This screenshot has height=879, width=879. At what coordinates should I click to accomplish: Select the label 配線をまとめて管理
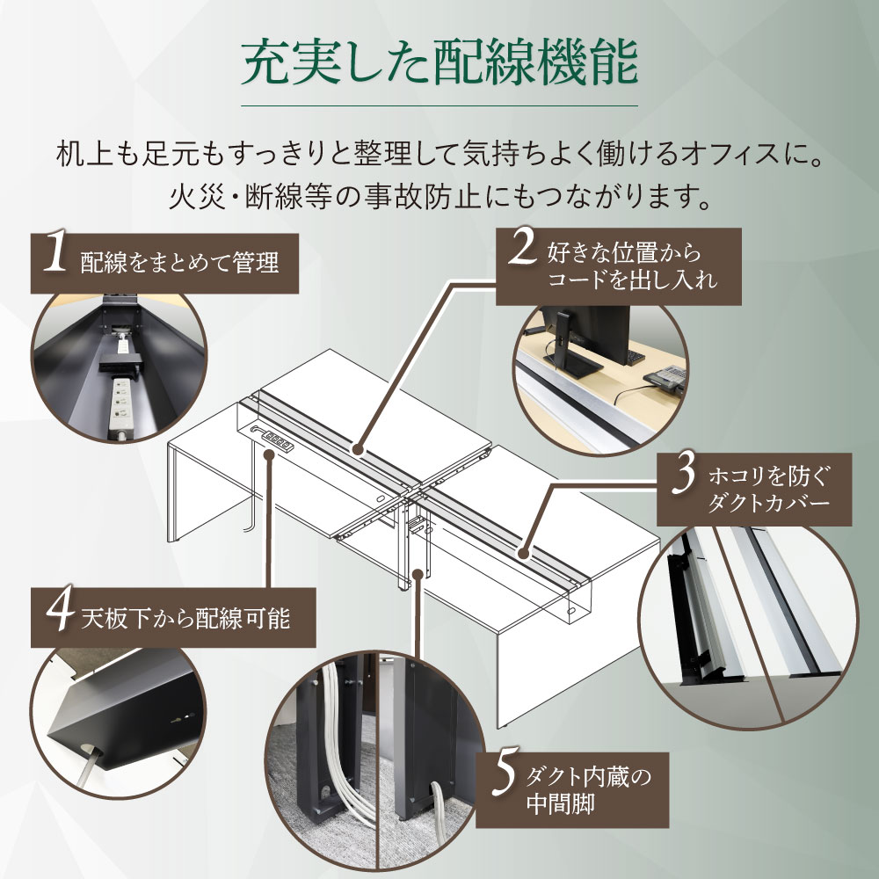pyautogui.click(x=178, y=262)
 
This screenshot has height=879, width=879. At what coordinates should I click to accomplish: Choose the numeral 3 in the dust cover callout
pyautogui.click(x=683, y=480)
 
